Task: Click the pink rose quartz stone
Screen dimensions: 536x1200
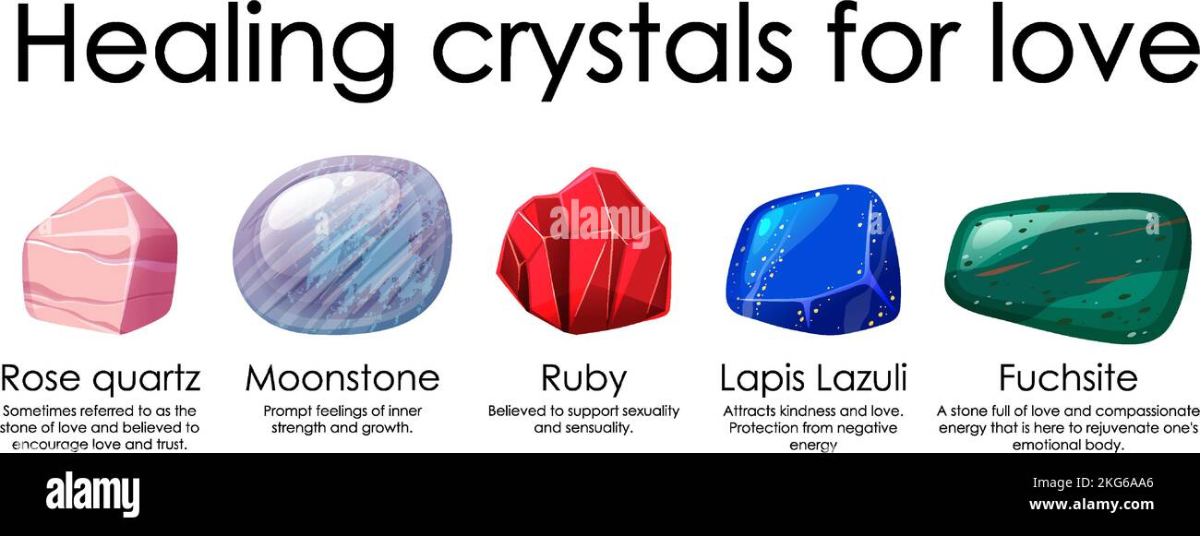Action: pyautogui.click(x=100, y=255)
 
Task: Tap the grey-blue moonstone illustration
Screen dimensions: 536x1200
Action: pyautogui.click(x=342, y=245)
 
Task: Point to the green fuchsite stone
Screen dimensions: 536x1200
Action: pyautogui.click(x=1067, y=268)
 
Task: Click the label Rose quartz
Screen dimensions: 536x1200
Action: pyautogui.click(x=100, y=377)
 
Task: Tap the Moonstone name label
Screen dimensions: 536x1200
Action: pyautogui.click(x=342, y=377)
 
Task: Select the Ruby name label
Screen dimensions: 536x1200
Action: pyautogui.click(x=583, y=377)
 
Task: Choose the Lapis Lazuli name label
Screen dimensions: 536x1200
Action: pyautogui.click(x=813, y=377)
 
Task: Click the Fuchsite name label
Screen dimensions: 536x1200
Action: pyautogui.click(x=1068, y=377)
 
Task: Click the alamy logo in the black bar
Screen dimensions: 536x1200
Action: pyautogui.click(x=93, y=493)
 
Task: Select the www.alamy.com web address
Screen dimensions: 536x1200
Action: pyautogui.click(x=1091, y=505)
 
